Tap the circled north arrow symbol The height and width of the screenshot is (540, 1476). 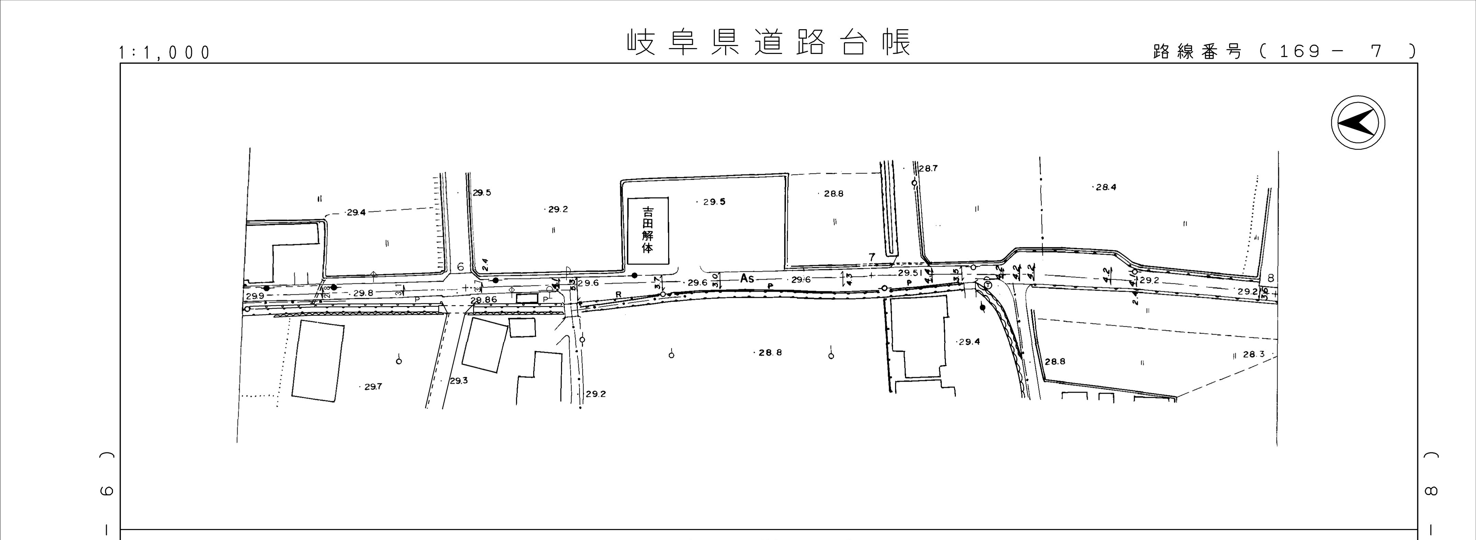pos(1358,123)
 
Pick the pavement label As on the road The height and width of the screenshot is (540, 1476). pos(747,279)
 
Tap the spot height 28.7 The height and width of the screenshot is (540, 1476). pos(928,169)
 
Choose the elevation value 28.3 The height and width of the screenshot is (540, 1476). pos(1254,354)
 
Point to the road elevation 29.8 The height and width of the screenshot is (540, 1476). pos(363,293)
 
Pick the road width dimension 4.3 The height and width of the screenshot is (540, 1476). pos(849,279)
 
